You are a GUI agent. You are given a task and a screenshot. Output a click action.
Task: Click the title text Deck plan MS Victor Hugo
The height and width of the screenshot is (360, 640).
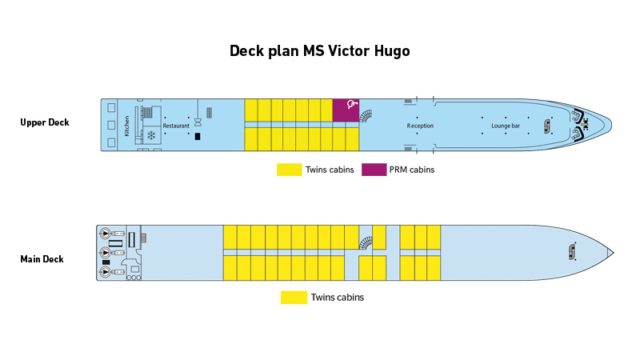point(320,51)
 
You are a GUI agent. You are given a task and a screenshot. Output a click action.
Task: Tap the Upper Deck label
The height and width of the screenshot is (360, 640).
point(45,122)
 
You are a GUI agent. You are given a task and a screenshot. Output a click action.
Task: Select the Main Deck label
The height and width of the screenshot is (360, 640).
point(42,259)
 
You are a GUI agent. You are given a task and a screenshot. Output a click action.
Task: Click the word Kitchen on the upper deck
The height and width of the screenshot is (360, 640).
point(126,126)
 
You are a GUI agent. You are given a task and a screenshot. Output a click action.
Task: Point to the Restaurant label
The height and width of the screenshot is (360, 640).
point(176,126)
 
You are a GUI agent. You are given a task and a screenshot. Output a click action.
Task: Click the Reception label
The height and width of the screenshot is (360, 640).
point(420,126)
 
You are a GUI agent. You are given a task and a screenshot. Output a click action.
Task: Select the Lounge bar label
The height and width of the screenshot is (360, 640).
point(506,126)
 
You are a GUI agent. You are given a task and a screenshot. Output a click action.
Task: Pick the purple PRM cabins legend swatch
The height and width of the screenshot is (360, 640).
point(373,170)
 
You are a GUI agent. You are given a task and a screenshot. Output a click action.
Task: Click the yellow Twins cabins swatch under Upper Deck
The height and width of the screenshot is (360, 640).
point(289,170)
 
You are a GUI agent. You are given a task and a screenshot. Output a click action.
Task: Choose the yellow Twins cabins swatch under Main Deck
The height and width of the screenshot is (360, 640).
point(294,298)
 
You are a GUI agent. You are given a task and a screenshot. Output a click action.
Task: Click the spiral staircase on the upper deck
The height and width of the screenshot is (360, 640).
point(366,116)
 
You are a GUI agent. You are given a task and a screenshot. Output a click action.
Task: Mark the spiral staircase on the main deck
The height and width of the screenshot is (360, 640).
point(366,243)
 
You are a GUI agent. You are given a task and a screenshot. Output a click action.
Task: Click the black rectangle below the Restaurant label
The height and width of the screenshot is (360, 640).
point(198,137)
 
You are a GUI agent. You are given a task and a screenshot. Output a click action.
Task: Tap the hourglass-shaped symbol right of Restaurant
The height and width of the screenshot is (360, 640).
point(198,121)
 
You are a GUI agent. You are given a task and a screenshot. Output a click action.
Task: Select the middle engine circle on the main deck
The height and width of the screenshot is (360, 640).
point(106,253)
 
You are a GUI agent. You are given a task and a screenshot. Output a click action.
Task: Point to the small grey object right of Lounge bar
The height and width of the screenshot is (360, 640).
point(548,126)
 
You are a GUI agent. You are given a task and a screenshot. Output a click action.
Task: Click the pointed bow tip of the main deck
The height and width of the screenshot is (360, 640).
point(613,253)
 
